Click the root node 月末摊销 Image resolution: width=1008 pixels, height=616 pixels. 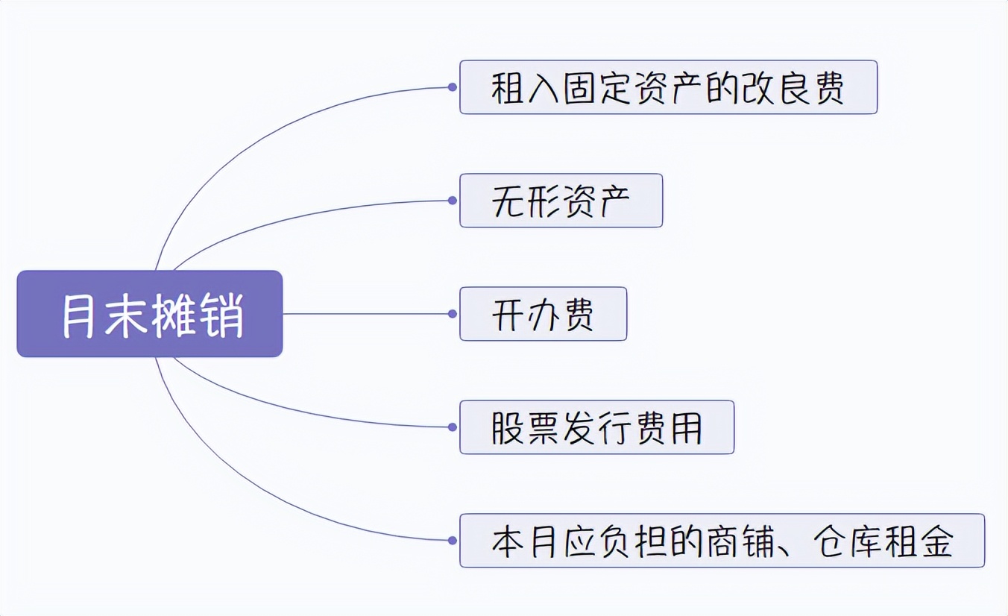(x=150, y=314)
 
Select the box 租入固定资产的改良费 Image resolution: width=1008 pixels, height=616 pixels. (x=668, y=87)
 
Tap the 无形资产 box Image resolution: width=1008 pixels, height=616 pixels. (x=561, y=201)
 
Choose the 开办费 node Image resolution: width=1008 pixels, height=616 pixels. (x=543, y=314)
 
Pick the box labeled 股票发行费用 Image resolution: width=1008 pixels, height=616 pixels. (x=596, y=427)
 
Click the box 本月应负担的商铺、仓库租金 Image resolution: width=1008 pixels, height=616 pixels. (x=722, y=541)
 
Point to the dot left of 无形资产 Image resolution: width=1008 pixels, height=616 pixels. (x=453, y=201)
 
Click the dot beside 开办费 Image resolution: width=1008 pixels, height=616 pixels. (x=453, y=314)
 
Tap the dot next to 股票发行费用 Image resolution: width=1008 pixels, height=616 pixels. (x=453, y=427)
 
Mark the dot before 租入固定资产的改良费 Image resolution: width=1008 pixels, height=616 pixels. (x=453, y=87)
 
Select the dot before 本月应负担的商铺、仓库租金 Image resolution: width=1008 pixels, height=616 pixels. (x=453, y=541)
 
